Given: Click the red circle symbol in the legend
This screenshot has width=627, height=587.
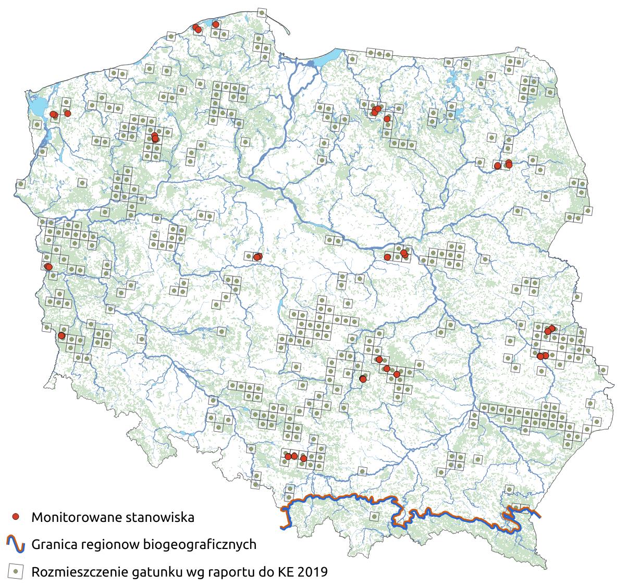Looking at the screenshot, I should click(16, 517).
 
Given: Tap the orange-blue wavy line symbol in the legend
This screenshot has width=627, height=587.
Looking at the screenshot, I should click(16, 544).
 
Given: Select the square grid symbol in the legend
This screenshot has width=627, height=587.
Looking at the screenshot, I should click(16, 571).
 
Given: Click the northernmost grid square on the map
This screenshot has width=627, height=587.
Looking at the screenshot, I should click(262, 13).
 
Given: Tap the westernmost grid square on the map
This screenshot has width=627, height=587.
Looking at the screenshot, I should click(20, 183).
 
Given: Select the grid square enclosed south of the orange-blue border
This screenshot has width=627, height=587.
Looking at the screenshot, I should click(373, 515).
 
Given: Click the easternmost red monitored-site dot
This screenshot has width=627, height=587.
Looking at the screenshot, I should click(552, 328).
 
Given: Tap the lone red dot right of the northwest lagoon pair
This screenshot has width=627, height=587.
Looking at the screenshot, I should click(67, 113).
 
